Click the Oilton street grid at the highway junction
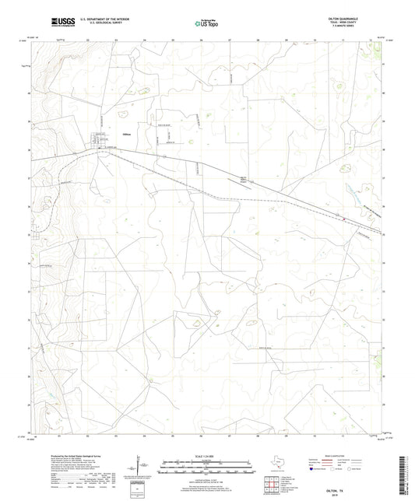point(100,142)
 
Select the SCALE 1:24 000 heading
point(206,456)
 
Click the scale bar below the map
point(206,469)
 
